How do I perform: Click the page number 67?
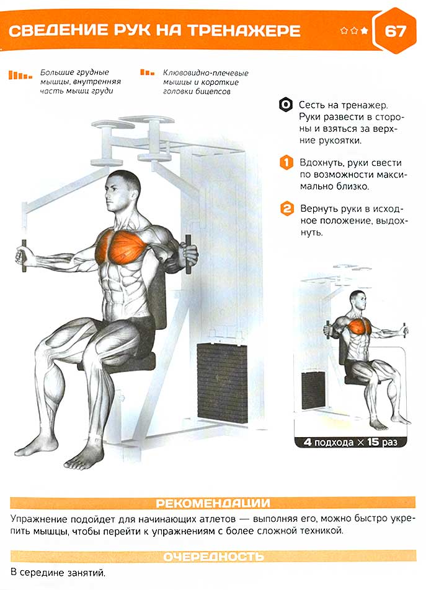click(395, 31)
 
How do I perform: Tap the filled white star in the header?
click(364, 30)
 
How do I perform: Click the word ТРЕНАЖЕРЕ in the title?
click(244, 31)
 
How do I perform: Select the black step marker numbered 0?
click(286, 105)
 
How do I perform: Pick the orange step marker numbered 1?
click(286, 163)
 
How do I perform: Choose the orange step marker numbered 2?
click(287, 209)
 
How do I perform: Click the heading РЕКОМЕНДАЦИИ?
click(213, 503)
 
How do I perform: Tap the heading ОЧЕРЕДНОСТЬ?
click(213, 557)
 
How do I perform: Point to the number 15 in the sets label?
click(373, 442)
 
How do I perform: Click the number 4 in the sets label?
click(308, 442)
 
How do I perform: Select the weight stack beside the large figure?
click(223, 382)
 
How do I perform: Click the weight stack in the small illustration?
click(313, 390)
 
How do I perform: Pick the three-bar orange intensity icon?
click(147, 72)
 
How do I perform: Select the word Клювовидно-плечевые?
click(206, 73)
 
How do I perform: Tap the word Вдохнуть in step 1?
click(322, 163)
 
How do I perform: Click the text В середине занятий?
click(58, 573)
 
